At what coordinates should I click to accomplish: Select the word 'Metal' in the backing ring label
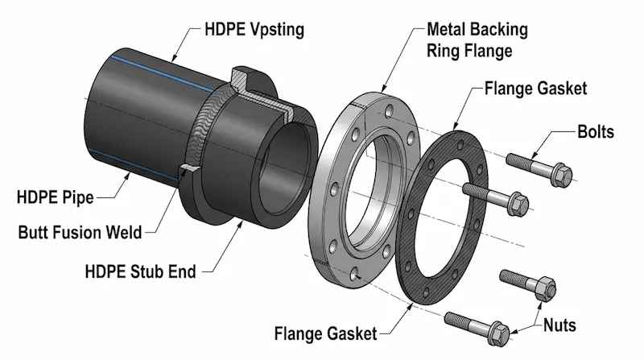pos(447,30)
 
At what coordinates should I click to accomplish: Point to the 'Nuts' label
pos(559,325)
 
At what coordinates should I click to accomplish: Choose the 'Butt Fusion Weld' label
pos(80,234)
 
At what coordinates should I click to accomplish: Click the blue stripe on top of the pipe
pos(161,70)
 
